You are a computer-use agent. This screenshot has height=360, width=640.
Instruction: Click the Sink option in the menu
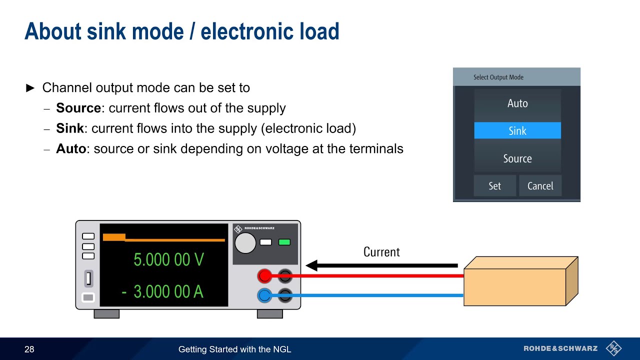pos(517,131)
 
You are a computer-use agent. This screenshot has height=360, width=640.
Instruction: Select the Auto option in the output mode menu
pos(517,103)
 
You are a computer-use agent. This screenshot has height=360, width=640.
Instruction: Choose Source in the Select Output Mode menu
pos(517,158)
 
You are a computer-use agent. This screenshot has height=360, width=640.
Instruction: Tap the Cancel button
pos(540,186)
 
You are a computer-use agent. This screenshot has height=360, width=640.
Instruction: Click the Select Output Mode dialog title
pos(498,77)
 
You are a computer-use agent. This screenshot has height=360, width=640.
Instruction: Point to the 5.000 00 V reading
pos(168,259)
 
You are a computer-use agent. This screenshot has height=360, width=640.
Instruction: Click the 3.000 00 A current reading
pos(168,291)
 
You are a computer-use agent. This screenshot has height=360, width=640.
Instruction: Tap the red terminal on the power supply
pos(264,275)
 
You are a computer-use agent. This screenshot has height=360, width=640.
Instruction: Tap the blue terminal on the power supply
pos(264,295)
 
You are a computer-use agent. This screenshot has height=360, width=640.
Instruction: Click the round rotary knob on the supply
pos(245,242)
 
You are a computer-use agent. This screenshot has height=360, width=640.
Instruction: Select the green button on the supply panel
pos(284,242)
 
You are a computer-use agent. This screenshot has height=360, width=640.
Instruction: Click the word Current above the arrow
pos(381,252)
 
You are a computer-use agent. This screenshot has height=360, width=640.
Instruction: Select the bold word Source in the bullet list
pos(78,108)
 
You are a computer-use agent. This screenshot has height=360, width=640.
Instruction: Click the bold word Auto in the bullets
pos(71,148)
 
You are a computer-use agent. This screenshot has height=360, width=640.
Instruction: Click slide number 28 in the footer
pos(29,349)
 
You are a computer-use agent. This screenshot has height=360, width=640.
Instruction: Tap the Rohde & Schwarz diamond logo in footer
pos(613,348)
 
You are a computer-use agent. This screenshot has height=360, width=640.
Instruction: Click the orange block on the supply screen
pos(114,237)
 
